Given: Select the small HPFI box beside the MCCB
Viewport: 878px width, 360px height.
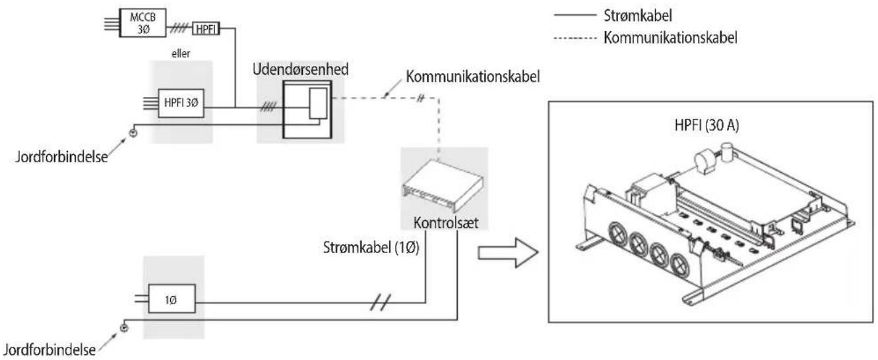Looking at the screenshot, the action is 206,28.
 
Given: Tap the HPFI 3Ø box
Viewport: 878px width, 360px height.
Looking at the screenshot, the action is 181,103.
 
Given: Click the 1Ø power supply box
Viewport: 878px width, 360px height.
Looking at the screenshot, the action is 172,299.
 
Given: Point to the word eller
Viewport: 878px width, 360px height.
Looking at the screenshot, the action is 181,53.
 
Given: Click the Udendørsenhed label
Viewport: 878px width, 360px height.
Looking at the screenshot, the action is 300,69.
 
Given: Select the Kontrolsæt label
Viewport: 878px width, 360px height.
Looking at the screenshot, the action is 446,223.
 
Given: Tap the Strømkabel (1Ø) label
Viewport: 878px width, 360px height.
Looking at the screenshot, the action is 371,247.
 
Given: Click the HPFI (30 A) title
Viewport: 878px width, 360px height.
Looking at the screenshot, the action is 706,125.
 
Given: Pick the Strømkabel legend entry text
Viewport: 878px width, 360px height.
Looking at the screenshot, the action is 638,16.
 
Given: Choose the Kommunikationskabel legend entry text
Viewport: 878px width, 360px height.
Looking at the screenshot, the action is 670,38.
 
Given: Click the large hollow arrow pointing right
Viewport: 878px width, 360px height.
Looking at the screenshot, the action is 508,253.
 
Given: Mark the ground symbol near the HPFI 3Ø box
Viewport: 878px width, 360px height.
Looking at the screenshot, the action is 133,133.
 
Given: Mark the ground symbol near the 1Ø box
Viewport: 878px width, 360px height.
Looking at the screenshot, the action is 124,328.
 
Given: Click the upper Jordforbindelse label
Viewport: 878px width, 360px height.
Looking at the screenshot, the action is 61,157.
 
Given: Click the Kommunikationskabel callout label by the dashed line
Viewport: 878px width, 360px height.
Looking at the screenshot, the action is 473,76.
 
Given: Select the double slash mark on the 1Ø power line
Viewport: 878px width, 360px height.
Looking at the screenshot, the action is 380,303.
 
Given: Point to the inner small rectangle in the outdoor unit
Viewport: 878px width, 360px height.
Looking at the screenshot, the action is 318,104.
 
